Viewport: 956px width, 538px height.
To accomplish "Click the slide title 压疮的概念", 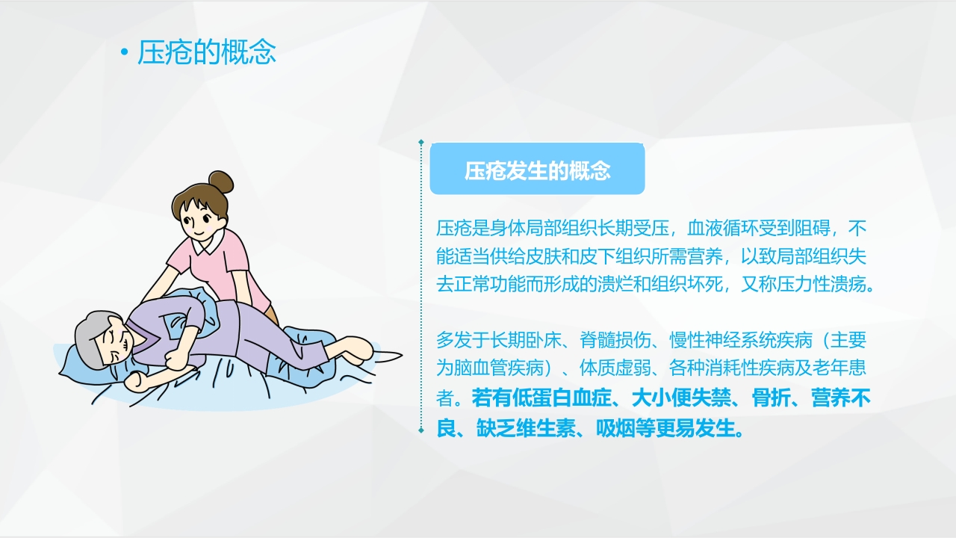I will pos(207,53).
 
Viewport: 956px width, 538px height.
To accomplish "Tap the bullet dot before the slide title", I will pos(125,54).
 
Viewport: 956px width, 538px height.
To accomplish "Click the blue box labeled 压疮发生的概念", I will pos(537,170).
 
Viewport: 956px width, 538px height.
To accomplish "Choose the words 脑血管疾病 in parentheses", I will pos(499,369).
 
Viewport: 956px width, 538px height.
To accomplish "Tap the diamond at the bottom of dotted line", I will pos(421,430).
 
